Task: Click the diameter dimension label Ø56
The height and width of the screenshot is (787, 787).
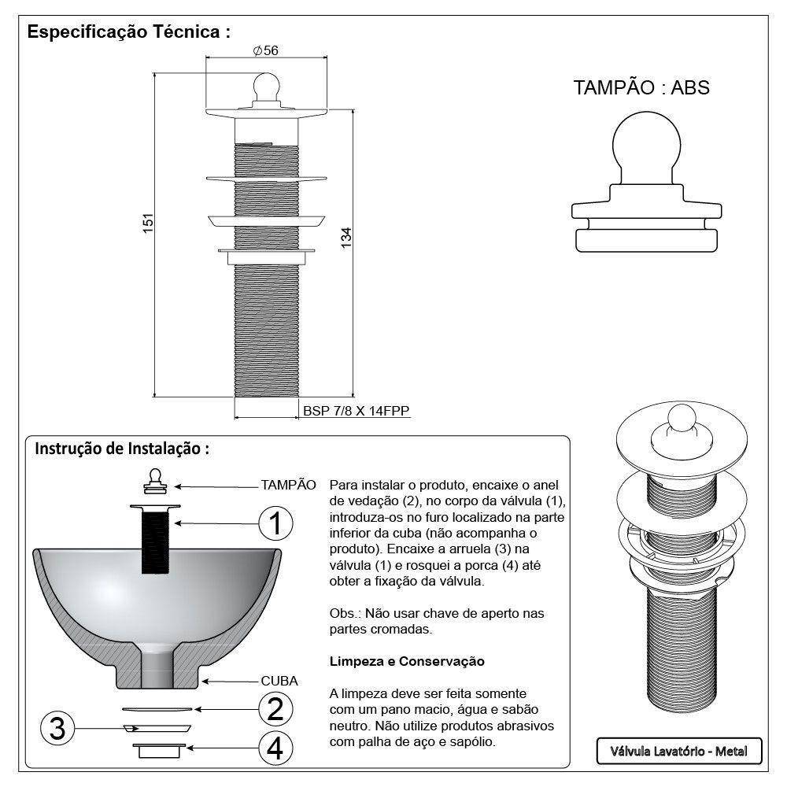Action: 266,50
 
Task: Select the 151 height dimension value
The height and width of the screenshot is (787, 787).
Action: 146,224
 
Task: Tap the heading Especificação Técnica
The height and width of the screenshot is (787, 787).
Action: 128,33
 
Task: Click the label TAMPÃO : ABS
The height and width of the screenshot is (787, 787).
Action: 641,87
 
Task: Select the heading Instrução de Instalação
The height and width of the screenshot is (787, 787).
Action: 122,449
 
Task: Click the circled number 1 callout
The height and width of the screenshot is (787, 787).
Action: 274,523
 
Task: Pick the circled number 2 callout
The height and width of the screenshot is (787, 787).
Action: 274,710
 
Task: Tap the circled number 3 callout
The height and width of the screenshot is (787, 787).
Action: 56,729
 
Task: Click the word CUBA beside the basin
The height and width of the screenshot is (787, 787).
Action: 279,682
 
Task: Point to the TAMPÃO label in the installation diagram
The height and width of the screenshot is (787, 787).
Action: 288,484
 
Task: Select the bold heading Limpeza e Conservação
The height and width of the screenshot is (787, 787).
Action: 407,662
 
